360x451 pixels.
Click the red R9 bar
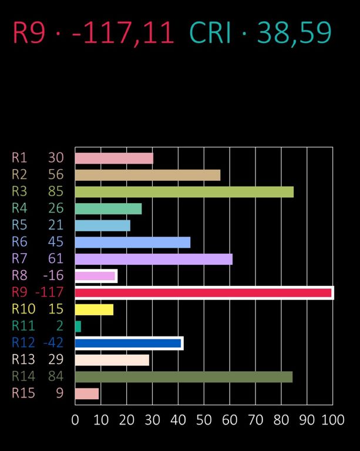tap(204, 292)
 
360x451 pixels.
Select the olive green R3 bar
tap(184, 192)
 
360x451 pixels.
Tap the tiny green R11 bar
tap(78, 326)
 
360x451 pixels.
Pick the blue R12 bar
tap(129, 343)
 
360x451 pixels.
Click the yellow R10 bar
tap(94, 309)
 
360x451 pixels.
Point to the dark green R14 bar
tap(184, 376)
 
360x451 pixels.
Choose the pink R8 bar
tap(95, 276)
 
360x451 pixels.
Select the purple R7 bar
tap(154, 259)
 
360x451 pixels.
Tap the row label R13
tap(23, 359)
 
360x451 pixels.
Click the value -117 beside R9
tap(49, 292)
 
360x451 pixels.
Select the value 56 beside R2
tap(56, 175)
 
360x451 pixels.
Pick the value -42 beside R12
tap(53, 343)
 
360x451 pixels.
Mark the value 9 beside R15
tap(59, 393)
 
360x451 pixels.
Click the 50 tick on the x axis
tap(204, 420)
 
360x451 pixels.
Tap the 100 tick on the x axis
tap(333, 420)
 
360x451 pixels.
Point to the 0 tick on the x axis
tap(75, 420)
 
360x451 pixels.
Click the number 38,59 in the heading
tap(294, 33)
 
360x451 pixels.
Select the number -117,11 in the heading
tap(123, 33)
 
